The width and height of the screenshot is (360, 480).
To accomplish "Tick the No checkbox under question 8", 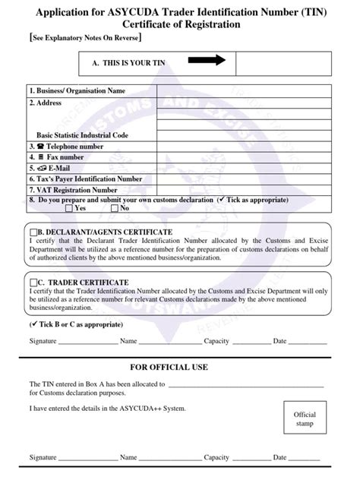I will (114, 207).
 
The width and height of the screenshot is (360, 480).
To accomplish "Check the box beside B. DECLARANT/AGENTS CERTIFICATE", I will (33, 232).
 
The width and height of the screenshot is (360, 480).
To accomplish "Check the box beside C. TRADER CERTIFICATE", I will (32, 282).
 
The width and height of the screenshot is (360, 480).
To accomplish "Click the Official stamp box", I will (305, 420).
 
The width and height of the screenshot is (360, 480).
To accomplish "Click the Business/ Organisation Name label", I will (76, 91).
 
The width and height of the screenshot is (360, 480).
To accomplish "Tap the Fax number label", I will (61, 156).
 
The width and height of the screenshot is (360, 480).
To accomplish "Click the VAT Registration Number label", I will (76, 189).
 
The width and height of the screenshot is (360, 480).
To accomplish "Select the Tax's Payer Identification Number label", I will (88, 178).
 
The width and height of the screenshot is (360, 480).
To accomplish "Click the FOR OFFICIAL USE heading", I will (179, 368).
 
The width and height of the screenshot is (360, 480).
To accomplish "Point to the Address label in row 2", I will (48, 102).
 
